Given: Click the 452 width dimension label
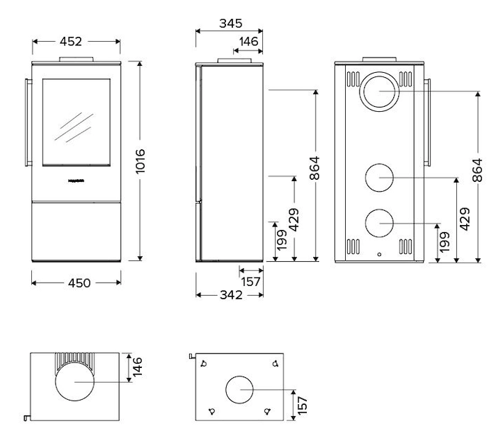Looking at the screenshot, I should pyautogui.click(x=77, y=42).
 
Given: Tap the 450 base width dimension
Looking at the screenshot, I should pyautogui.click(x=78, y=282).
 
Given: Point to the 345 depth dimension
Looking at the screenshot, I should pyautogui.click(x=230, y=23).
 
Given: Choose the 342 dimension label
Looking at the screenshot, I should pyautogui.click(x=228, y=294).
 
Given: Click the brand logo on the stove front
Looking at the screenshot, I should pyautogui.click(x=77, y=181).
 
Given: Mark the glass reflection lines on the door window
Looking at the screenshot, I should pyautogui.click(x=75, y=126).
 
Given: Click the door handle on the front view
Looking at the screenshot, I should pyautogui.click(x=28, y=122).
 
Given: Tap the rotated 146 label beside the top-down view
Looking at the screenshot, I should pyautogui.click(x=138, y=367).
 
